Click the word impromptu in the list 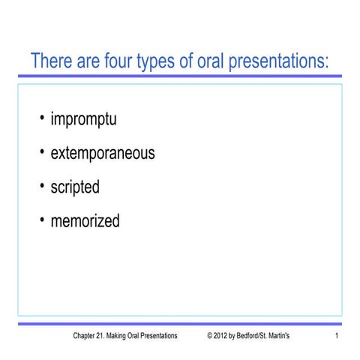pos(83,120)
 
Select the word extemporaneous pos(102,154)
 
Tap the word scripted pos(74,187)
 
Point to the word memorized pos(85,221)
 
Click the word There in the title pos(51,61)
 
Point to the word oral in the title pos(219,61)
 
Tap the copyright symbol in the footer pos(210,336)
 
